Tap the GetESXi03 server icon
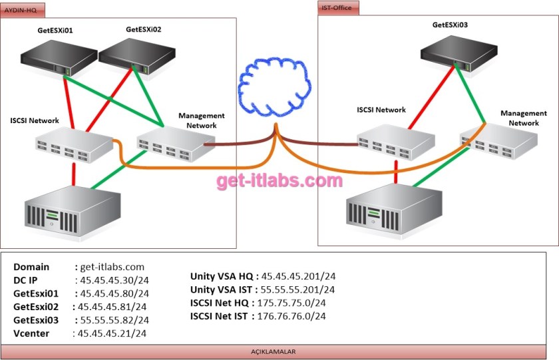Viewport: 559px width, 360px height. pyautogui.click(x=459, y=49)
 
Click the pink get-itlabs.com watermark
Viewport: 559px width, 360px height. pyautogui.click(x=279, y=180)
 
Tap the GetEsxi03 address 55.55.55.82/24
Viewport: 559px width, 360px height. pyautogui.click(x=112, y=320)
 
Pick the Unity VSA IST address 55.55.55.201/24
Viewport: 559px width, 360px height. pyautogui.click(x=298, y=289)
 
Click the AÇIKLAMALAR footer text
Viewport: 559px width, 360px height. pyautogui.click(x=278, y=351)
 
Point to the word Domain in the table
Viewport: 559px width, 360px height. pyautogui.click(x=31, y=267)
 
